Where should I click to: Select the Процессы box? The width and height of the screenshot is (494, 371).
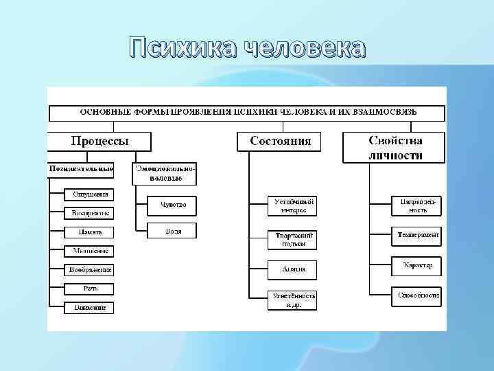[x=99, y=142]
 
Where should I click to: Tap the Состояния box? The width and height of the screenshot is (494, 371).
[x=280, y=142]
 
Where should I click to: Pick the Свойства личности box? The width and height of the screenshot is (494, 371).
[x=395, y=148]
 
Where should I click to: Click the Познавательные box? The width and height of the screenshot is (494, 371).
[x=81, y=168]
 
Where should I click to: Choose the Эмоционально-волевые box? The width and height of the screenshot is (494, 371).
[x=165, y=173]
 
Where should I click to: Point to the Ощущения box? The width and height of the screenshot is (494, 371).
[x=89, y=194]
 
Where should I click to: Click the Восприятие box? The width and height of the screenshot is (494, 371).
[x=89, y=213]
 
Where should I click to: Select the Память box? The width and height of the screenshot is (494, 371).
[x=89, y=232]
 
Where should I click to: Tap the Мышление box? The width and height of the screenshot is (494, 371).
[x=89, y=251]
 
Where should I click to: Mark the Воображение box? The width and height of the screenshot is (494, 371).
[x=89, y=270]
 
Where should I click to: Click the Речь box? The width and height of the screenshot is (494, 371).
[x=89, y=289]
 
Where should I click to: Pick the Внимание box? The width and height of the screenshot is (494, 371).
[x=89, y=308]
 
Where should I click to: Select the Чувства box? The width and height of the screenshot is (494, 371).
[x=173, y=205]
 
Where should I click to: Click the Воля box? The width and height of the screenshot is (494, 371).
[x=173, y=231]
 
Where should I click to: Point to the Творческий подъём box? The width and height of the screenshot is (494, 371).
[x=292, y=239]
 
